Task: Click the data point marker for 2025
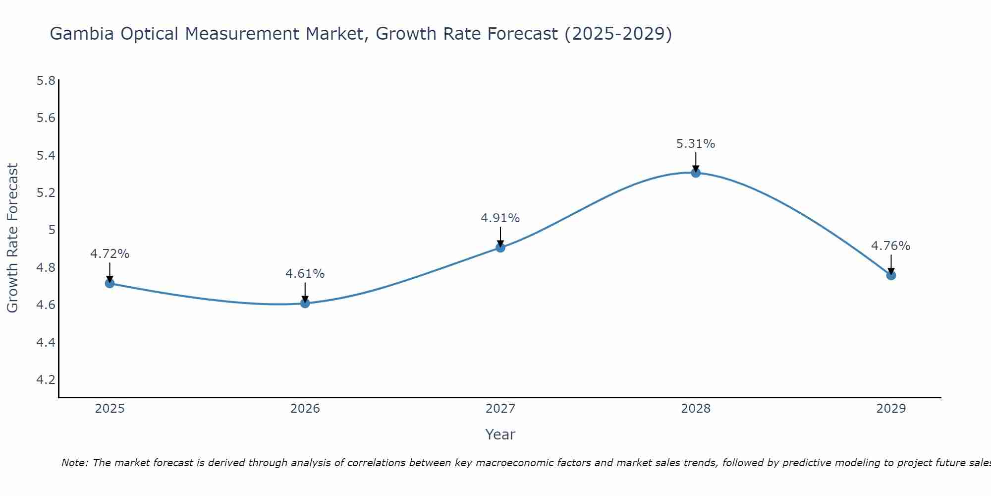coord(110,283)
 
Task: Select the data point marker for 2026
coord(305,303)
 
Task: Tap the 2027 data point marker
coord(500,248)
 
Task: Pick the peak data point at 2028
coord(696,173)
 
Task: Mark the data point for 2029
coord(891,275)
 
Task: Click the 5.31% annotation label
coord(696,144)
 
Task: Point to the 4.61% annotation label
coord(305,274)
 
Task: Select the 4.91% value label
coord(500,218)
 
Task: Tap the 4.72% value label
coord(110,254)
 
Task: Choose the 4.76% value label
coord(891,246)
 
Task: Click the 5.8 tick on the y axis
coord(46,80)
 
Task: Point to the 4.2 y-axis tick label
coord(46,380)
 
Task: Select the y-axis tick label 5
coord(52,230)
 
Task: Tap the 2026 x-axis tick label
coord(305,409)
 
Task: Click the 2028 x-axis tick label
coord(696,409)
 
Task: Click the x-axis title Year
coord(500,434)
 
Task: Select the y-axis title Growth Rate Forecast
coord(12,238)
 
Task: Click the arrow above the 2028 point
coord(696,162)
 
